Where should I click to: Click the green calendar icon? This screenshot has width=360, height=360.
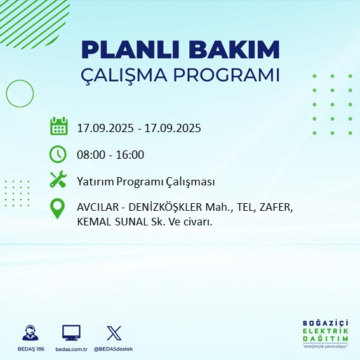click(x=58, y=126)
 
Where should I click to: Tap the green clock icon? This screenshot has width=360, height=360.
click(x=58, y=154)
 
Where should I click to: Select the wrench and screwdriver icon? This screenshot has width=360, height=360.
click(x=58, y=181)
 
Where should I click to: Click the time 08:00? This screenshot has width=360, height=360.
click(x=91, y=155)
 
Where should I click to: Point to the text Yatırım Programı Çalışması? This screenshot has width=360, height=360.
click(x=145, y=182)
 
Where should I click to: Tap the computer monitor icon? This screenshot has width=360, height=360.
click(x=70, y=333)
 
